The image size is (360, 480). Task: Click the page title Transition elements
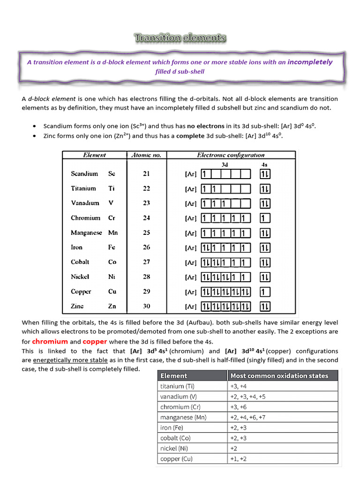pyautogui.click(x=180, y=38)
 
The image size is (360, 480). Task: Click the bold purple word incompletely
pyautogui.click(x=310, y=62)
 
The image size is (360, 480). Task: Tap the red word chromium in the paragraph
pyautogui.click(x=50, y=341)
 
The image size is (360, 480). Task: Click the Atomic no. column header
pyautogui.click(x=146, y=155)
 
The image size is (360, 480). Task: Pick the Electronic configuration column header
pyautogui.click(x=231, y=155)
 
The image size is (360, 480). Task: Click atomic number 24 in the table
pyautogui.click(x=146, y=218)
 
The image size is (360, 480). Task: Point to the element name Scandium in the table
pyautogui.click(x=84, y=173)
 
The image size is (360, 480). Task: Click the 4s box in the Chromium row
pyautogui.click(x=265, y=218)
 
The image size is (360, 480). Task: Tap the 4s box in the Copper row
pyautogui.click(x=265, y=292)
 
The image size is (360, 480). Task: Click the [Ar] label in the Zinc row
pyautogui.click(x=190, y=307)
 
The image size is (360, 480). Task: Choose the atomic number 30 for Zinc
pyautogui.click(x=146, y=306)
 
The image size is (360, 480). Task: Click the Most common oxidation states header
pyautogui.click(x=279, y=375)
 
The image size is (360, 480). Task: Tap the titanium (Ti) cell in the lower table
pyautogui.click(x=178, y=386)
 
